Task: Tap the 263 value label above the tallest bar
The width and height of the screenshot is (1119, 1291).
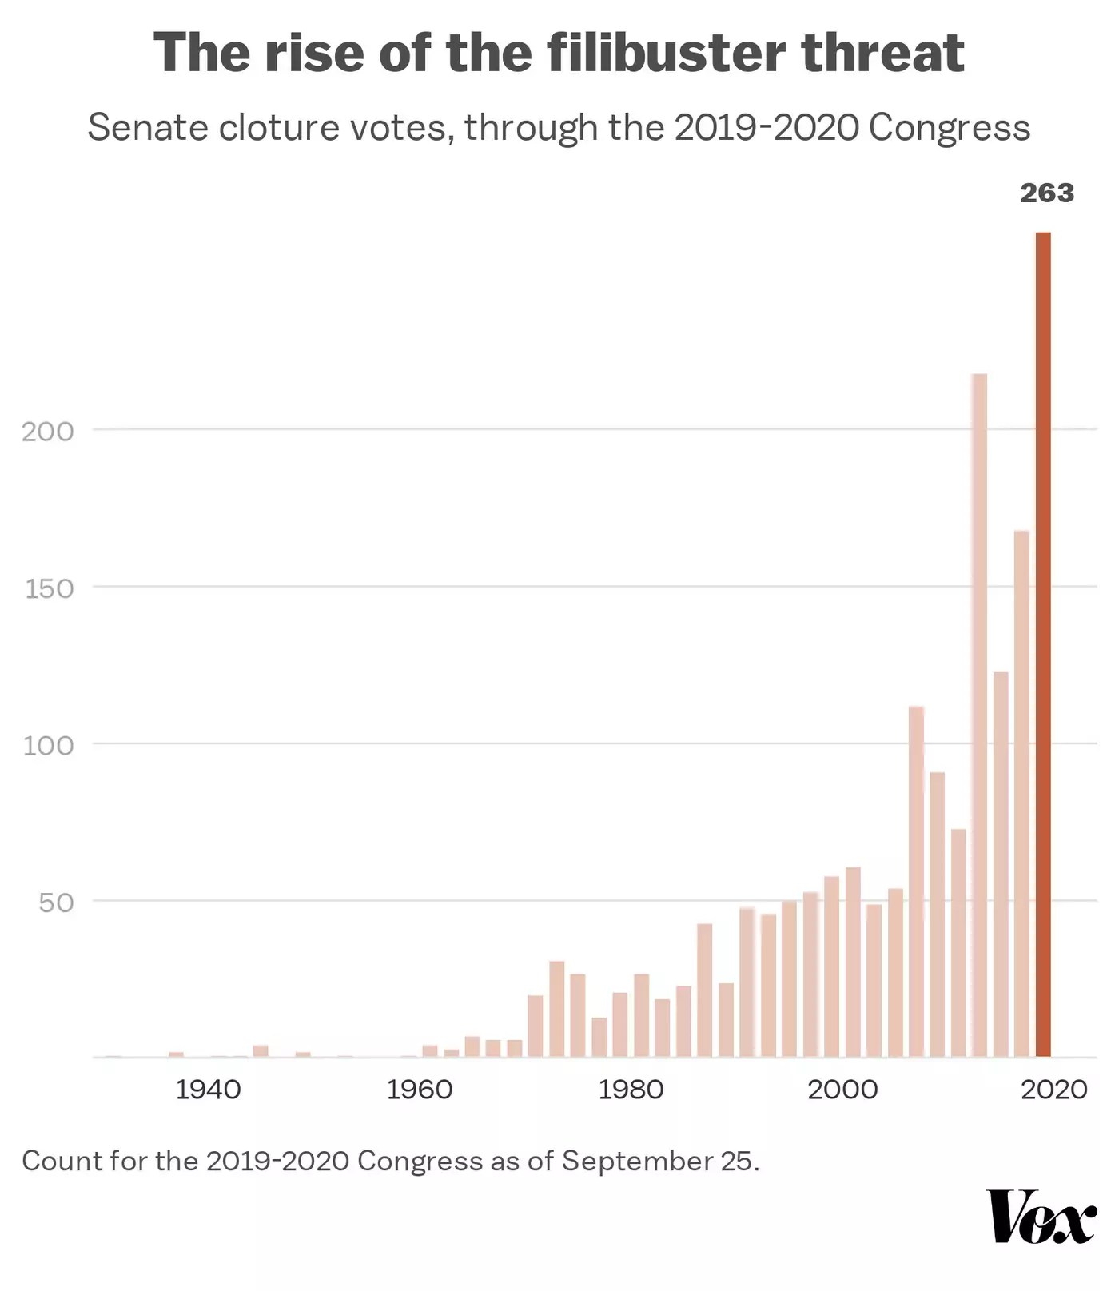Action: (x=1047, y=193)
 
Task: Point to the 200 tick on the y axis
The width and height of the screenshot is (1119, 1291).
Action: (x=48, y=432)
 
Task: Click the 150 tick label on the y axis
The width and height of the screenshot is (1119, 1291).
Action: (x=48, y=589)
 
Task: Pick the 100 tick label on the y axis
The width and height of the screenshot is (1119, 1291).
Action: (x=48, y=746)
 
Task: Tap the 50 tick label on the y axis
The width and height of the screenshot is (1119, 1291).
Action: (x=56, y=903)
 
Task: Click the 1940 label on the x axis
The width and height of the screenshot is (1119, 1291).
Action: (x=208, y=1089)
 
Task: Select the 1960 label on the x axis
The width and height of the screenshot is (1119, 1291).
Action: (x=420, y=1089)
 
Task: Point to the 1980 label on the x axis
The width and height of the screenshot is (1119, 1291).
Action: (x=631, y=1089)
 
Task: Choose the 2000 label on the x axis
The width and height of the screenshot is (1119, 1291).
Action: (x=842, y=1089)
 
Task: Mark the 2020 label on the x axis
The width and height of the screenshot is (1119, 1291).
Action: (x=1053, y=1089)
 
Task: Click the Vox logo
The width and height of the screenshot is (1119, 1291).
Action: (x=1041, y=1217)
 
